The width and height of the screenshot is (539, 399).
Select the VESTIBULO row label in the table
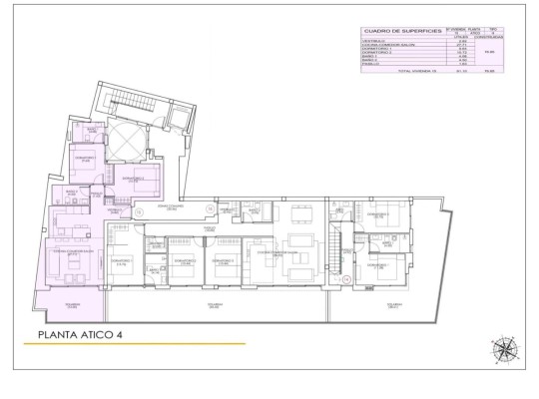pyautogui.click(x=375, y=41)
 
